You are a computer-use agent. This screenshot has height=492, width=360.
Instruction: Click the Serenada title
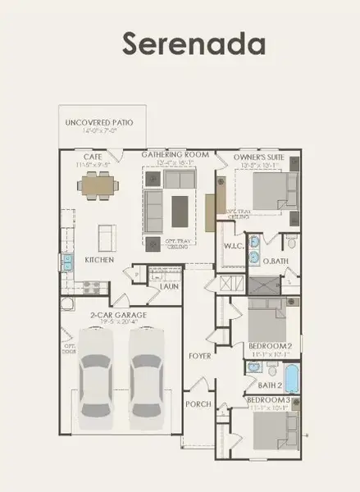182,43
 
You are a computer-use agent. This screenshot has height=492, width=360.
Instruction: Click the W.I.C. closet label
232,245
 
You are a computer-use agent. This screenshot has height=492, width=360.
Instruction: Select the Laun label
170,286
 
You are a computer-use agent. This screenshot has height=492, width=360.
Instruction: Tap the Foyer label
198,356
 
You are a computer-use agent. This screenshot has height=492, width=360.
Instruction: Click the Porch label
199,403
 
